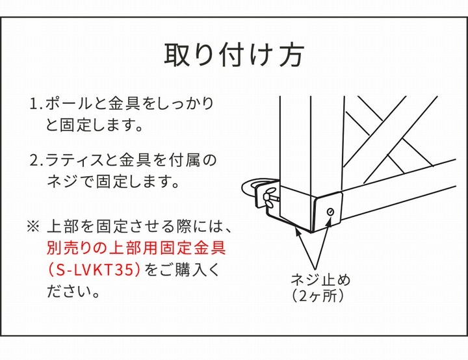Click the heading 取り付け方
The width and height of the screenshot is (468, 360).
tap(233, 55)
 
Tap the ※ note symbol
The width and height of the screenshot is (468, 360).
tap(33, 227)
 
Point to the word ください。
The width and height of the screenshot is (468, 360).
tap(73, 291)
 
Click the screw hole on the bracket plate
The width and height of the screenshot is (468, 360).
tap(331, 212)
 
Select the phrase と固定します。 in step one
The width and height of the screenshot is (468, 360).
tap(94, 125)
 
